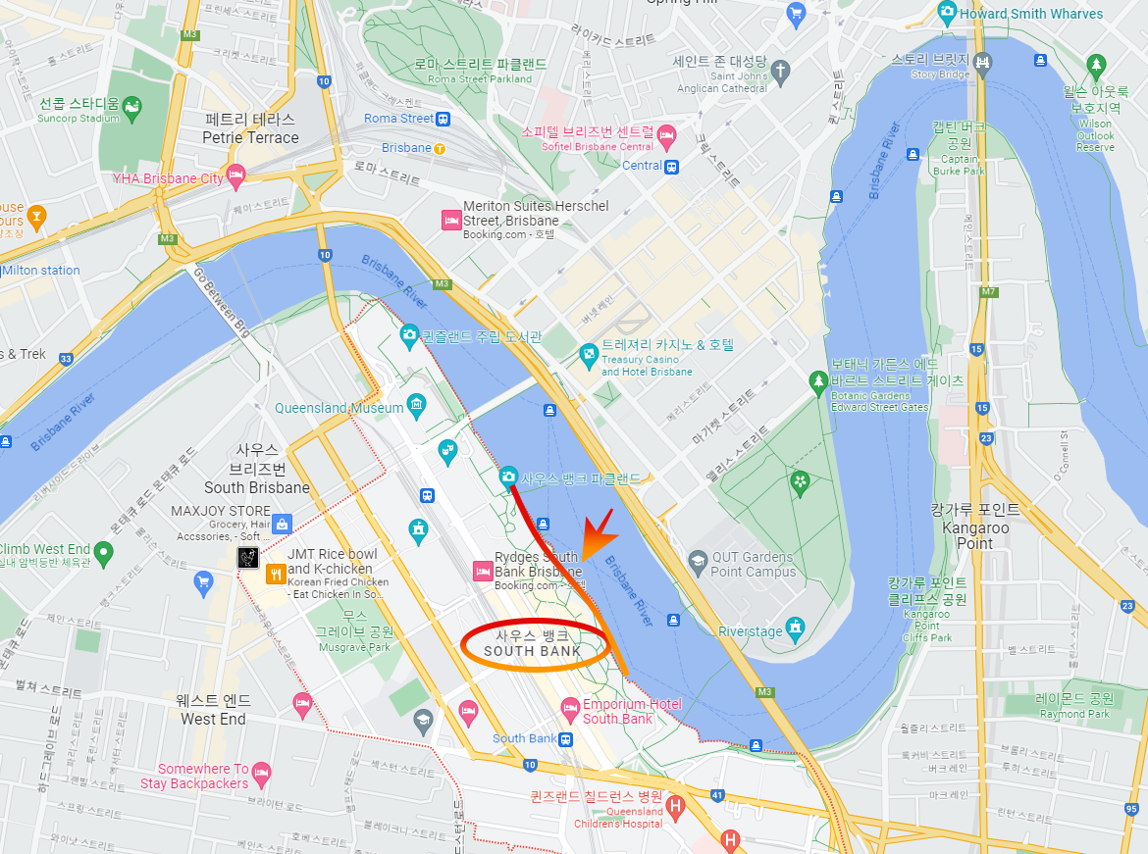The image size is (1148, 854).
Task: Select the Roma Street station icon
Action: (x=444, y=119)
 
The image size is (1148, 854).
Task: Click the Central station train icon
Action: (x=671, y=166)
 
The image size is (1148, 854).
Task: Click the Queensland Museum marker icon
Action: (x=417, y=404)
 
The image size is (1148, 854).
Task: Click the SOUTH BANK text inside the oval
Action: (x=533, y=651)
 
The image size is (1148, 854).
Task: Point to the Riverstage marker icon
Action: (x=795, y=626)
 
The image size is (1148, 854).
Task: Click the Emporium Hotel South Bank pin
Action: (x=570, y=707)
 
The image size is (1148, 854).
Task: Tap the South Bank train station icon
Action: (x=566, y=739)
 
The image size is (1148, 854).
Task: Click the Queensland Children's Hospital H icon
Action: (x=674, y=807)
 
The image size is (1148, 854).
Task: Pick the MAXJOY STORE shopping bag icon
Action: (x=283, y=525)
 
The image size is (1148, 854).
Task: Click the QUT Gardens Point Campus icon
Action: (x=698, y=563)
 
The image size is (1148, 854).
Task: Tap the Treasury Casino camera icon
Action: (x=588, y=354)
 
